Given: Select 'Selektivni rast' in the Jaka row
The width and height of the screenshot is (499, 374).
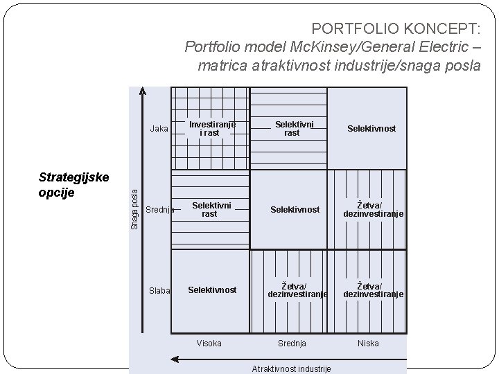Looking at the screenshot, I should click(292, 129).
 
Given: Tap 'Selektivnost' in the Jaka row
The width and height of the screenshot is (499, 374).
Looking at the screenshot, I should click(372, 129).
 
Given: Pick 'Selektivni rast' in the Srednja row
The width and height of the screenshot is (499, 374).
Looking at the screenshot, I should click(209, 210).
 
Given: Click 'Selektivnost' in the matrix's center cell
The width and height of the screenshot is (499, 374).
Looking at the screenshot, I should click(295, 209).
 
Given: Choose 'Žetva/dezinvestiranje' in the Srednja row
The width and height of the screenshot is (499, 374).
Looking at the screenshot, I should click(374, 210).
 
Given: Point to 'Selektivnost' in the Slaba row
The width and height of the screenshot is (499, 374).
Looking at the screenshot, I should click(212, 290).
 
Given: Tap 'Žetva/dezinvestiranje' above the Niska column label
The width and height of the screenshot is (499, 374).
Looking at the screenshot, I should click(374, 290).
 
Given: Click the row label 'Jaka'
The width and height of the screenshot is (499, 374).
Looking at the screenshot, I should click(159, 129).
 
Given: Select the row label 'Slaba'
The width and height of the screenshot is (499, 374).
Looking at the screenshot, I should click(159, 291).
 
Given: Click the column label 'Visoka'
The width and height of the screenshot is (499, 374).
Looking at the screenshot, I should click(209, 344).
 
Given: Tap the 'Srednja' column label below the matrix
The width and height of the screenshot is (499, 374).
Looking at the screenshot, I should click(292, 344).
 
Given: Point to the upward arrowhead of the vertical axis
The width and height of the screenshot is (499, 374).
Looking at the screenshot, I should click(142, 90).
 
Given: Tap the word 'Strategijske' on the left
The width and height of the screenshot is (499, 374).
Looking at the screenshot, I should click(73, 177).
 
